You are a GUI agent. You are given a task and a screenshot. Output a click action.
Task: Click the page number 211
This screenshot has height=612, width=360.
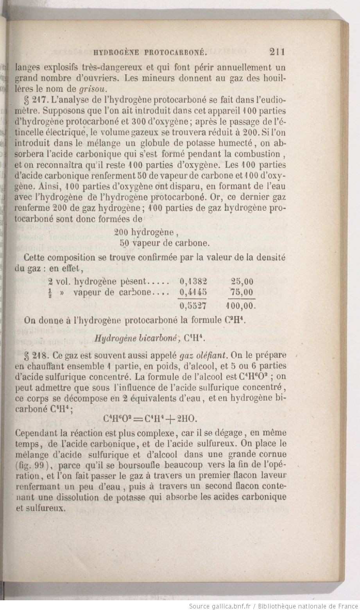click(x=277, y=52)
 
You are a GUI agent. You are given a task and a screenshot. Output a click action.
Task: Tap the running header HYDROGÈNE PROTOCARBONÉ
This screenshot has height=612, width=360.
click(x=150, y=52)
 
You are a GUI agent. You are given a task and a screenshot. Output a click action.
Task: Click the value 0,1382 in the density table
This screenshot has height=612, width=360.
click(x=193, y=281)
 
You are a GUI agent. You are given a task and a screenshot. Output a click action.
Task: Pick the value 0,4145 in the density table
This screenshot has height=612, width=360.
click(x=193, y=292)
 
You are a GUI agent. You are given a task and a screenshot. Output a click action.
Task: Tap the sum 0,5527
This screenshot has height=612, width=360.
click(x=193, y=305)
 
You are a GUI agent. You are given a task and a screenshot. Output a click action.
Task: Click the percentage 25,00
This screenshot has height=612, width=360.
click(x=242, y=281)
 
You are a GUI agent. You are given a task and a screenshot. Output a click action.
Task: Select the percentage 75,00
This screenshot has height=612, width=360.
click(x=242, y=292)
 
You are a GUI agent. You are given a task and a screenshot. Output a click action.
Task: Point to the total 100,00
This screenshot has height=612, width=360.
click(x=241, y=305)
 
